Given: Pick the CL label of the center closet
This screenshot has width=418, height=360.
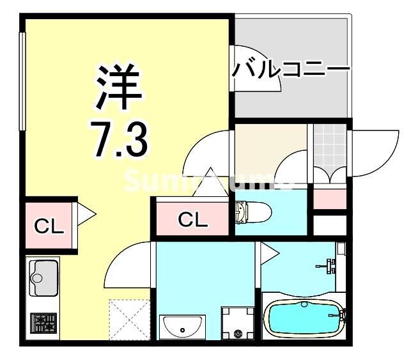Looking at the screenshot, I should pyautogui.click(x=192, y=219).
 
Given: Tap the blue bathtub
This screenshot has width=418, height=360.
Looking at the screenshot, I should pyautogui.click(x=303, y=318).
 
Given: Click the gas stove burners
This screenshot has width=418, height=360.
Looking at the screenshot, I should pyautogui.click(x=43, y=322).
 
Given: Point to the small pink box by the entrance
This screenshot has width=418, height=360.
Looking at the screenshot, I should pyautogui.click(x=329, y=200).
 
